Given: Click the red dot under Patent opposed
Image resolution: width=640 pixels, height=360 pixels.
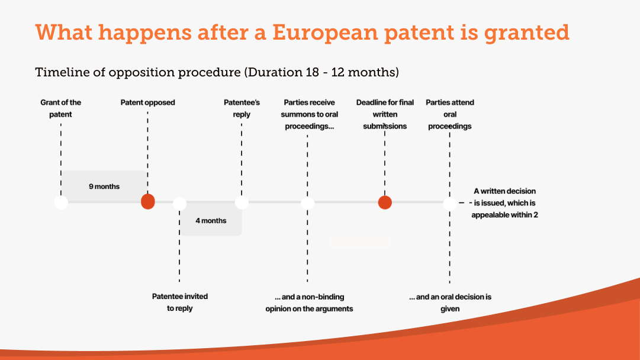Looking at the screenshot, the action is click(x=148, y=202).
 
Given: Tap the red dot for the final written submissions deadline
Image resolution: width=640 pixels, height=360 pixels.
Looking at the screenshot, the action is click(x=385, y=202).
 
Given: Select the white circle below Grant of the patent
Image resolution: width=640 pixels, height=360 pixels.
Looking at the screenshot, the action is click(x=61, y=202).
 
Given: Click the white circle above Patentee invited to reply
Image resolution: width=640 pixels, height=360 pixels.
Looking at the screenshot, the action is click(x=179, y=204).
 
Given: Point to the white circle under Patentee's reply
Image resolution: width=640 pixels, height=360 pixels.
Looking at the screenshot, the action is click(x=242, y=202).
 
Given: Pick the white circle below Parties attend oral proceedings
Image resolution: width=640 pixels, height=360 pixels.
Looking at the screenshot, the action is click(x=450, y=204).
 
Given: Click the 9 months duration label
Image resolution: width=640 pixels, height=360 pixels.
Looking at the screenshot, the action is click(x=104, y=187).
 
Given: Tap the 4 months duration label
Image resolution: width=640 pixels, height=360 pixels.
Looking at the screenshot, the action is click(x=211, y=221).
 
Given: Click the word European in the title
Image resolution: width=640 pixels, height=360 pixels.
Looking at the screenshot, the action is click(x=325, y=33).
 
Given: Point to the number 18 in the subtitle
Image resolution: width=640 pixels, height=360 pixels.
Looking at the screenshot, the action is click(x=310, y=72).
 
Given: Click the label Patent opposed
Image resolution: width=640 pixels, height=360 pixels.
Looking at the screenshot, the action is click(x=148, y=102).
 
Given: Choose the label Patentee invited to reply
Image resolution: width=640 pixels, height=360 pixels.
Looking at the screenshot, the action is click(x=179, y=302).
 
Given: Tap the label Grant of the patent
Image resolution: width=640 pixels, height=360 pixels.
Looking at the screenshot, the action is click(x=61, y=108).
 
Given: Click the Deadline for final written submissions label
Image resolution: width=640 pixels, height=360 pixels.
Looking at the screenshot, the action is click(x=385, y=114).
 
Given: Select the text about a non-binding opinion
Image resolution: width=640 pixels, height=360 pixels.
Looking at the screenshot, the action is click(x=309, y=303).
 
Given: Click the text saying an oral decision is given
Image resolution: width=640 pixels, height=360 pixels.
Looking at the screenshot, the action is click(x=450, y=303).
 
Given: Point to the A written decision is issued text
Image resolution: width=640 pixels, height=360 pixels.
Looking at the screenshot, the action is click(x=504, y=203).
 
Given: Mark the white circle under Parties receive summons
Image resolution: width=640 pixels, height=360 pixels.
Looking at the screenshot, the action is click(x=307, y=203).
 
